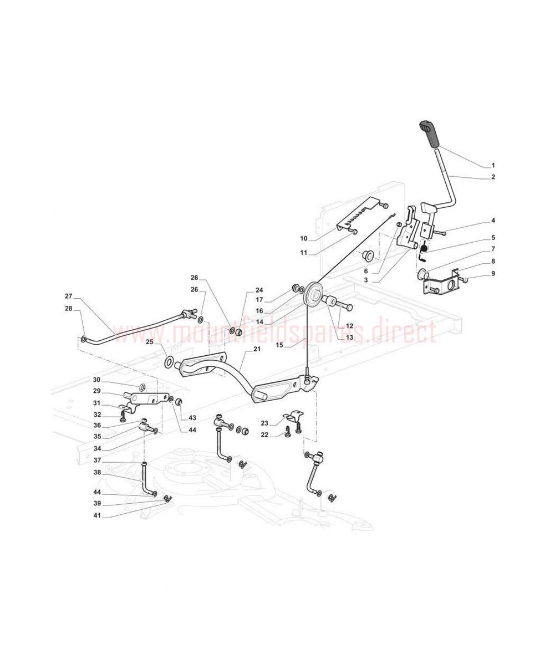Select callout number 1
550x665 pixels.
coord(493,166)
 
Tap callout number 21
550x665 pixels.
coord(257,349)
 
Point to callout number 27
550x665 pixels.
coord(69,296)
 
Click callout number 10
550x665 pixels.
coord(304,238)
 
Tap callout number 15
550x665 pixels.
coord(279,345)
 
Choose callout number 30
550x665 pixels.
coord(96,380)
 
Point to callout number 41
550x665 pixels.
coord(97,515)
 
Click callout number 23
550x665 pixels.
coord(264,423)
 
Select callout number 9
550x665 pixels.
coord(493,274)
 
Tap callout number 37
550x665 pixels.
coord(97,460)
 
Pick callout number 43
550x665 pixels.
coord(192,418)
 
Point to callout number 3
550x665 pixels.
coord(366,280)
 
